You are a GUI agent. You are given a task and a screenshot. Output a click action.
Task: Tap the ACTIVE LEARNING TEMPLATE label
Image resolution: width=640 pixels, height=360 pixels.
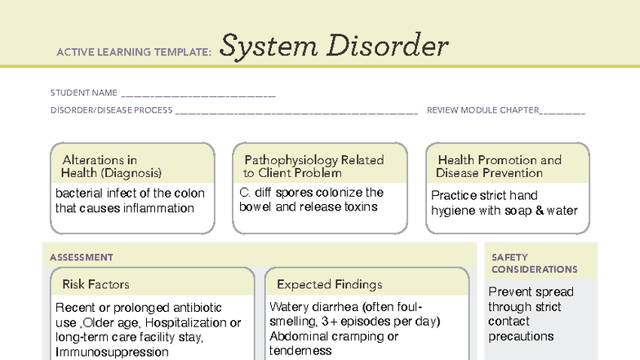point(134,53)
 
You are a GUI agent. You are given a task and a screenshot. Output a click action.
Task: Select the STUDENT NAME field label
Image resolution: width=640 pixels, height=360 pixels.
point(84,93)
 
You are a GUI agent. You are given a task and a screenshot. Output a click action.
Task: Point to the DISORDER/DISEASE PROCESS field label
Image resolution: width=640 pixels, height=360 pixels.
point(111,110)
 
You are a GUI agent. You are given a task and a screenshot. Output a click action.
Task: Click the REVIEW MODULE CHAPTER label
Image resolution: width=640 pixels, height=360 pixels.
point(482,110)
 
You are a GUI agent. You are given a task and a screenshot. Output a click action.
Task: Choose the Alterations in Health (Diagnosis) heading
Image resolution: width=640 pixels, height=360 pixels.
point(111,167)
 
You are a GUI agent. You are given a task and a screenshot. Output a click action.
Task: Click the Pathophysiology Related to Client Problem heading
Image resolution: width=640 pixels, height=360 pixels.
point(313,167)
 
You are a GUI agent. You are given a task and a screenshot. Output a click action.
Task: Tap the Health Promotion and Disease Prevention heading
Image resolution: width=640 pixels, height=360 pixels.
point(499,167)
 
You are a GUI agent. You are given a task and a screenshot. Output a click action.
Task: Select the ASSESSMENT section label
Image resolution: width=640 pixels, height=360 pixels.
point(82,258)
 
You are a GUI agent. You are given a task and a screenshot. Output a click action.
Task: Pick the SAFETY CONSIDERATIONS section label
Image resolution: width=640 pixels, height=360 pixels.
point(534,264)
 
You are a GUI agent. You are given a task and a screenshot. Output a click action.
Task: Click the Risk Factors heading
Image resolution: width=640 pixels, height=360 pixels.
point(96,285)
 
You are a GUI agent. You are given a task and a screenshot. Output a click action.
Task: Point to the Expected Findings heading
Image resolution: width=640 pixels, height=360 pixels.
point(329,285)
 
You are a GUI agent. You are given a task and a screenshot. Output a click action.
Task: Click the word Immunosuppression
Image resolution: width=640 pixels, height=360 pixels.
point(112,352)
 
